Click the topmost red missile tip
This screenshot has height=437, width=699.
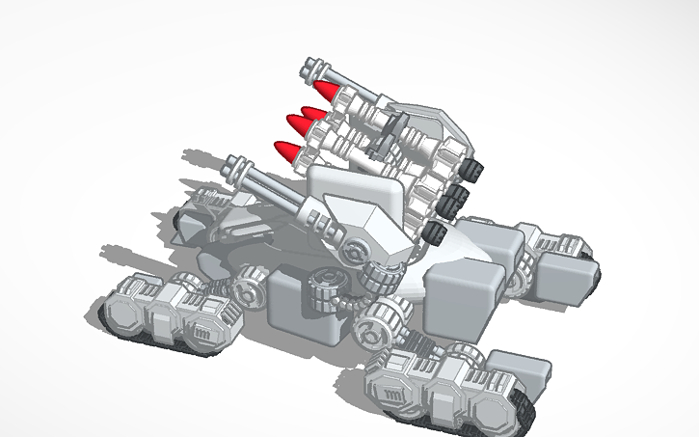coord(330,93)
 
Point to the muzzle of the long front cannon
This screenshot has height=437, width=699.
coord(234,164)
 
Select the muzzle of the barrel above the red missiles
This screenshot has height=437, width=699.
coord(309,68)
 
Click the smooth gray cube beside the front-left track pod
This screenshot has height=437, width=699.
coord(301,304)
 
